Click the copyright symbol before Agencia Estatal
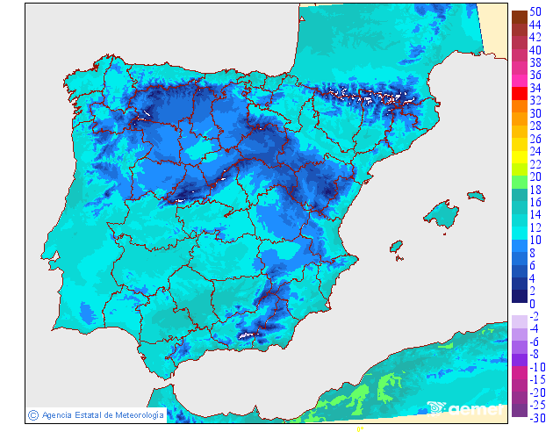click(x=32, y=414)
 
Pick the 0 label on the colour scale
click(x=532, y=303)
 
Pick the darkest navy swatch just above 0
click(x=518, y=295)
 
